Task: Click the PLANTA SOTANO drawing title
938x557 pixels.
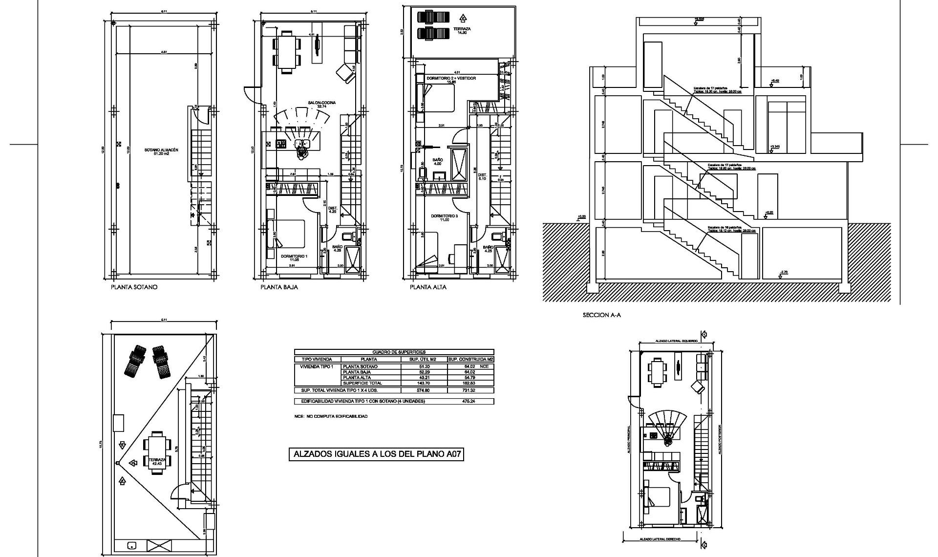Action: click(x=134, y=287)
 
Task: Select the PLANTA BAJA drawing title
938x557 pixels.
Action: click(x=279, y=287)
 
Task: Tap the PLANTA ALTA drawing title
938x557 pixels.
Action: click(x=428, y=287)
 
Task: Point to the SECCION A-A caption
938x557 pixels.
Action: click(x=601, y=316)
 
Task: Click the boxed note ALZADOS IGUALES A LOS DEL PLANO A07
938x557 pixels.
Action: click(x=376, y=454)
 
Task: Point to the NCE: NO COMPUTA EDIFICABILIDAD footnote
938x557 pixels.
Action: click(x=331, y=416)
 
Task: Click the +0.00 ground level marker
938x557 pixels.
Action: click(x=581, y=216)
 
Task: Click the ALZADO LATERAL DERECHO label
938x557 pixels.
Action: click(x=661, y=539)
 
